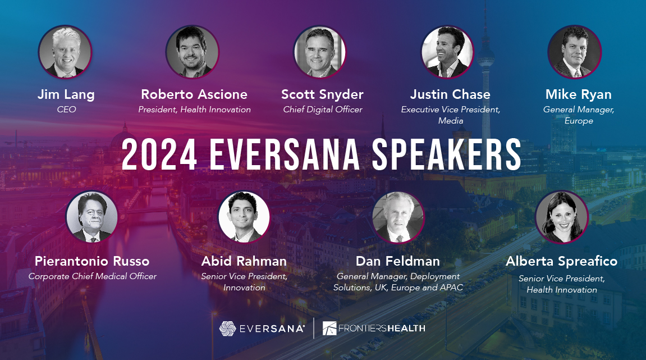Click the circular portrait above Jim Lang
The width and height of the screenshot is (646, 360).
(65, 52)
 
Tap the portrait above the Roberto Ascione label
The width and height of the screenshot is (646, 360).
(193, 52)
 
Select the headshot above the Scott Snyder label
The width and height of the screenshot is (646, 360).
(320, 52)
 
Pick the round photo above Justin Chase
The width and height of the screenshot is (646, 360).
(448, 52)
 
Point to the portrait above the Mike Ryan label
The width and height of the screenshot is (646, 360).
(575, 52)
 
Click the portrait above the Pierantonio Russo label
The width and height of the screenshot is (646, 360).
(91, 217)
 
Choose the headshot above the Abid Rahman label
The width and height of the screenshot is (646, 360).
(244, 217)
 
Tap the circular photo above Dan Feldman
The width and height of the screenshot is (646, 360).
(398, 217)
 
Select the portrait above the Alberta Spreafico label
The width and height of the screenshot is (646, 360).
(561, 217)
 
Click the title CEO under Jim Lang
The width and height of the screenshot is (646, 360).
(66, 110)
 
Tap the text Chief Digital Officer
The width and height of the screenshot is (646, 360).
(322, 110)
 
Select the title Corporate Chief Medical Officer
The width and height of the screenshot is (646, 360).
(93, 276)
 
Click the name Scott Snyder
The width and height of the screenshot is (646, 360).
(322, 94)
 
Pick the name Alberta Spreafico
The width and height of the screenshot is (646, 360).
(561, 261)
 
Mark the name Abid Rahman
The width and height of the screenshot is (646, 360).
(244, 261)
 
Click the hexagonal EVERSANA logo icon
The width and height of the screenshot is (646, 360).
(227, 329)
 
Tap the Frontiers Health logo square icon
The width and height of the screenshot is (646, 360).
(330, 329)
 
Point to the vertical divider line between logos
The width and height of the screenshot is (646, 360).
(313, 329)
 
